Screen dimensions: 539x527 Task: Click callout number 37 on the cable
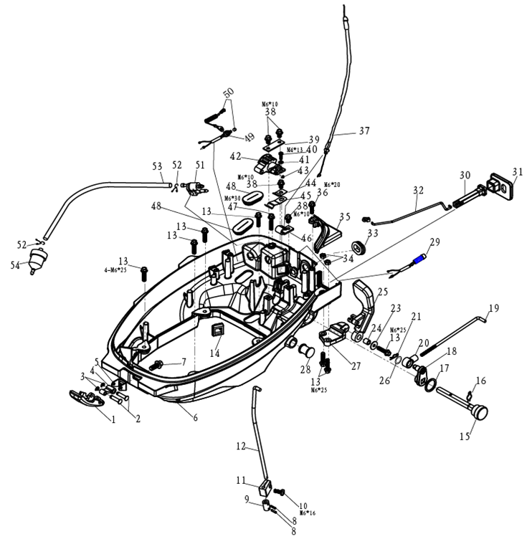pos(364,131)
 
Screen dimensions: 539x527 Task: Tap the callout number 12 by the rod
pos(240,446)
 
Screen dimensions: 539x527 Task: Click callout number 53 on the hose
pos(158,166)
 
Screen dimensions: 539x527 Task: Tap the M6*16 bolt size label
pos(307,514)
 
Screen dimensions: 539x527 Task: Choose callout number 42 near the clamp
pos(235,156)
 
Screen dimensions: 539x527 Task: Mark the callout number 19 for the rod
pos(493,309)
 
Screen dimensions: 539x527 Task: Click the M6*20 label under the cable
pos(331,184)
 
